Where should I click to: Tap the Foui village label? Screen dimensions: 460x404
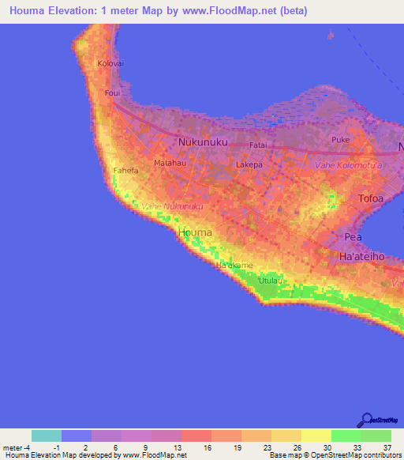tap(112, 92)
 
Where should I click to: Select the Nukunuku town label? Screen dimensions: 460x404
tap(203, 142)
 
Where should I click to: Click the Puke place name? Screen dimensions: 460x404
tap(340, 140)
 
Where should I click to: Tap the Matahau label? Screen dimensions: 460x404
tap(170, 163)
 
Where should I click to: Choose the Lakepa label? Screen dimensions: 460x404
tap(249, 165)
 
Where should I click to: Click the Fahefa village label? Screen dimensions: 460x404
tap(126, 171)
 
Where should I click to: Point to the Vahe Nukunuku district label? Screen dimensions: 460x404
tap(172, 206)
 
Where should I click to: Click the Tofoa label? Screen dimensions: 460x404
tap(371, 198)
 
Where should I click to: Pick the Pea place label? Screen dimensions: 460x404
tap(353, 237)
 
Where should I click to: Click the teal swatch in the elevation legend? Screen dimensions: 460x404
tap(47, 435)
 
